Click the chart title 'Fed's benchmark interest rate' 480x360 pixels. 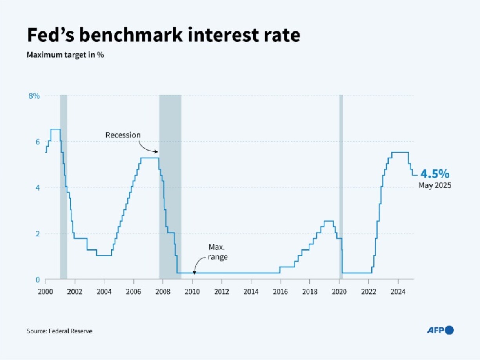coord(163,35)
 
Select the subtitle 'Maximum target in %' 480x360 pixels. coord(65,55)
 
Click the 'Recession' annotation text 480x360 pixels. coord(123,135)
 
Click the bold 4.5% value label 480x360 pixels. coord(435,174)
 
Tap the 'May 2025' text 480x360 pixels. coord(435,185)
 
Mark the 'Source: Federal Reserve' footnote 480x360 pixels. coord(60,331)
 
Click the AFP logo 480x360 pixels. coord(440,331)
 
